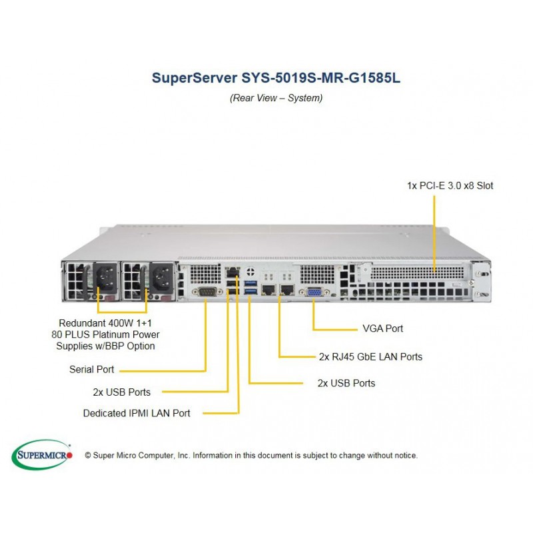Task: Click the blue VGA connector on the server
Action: click(314, 292)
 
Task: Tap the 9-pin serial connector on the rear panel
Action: click(205, 292)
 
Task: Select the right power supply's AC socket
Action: click(161, 277)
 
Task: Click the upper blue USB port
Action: click(251, 282)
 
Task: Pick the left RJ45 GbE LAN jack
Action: click(268, 290)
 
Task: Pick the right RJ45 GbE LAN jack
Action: click(287, 290)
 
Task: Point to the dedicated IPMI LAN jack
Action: click(233, 272)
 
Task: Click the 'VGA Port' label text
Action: click(382, 328)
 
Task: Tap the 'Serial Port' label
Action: click(92, 370)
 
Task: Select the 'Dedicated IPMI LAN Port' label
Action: click(137, 413)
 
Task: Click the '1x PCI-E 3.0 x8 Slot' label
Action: click(450, 186)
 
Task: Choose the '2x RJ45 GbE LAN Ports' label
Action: click(370, 356)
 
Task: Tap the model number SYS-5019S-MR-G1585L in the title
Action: click(320, 77)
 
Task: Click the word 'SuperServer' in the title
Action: click(195, 78)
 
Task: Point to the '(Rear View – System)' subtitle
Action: click(276, 98)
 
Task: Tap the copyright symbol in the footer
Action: click(88, 456)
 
